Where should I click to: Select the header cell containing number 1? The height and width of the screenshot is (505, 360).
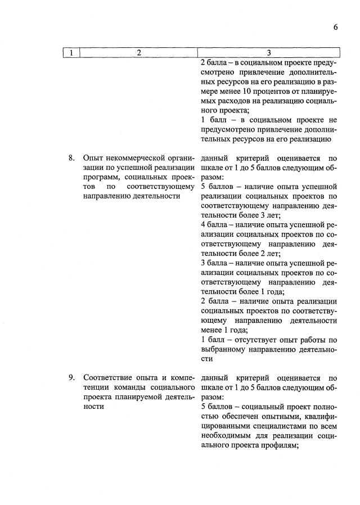[72, 53]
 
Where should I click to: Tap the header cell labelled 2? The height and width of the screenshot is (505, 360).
[138, 53]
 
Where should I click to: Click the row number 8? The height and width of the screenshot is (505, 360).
[71, 158]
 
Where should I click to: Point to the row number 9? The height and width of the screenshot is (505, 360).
[71, 377]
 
